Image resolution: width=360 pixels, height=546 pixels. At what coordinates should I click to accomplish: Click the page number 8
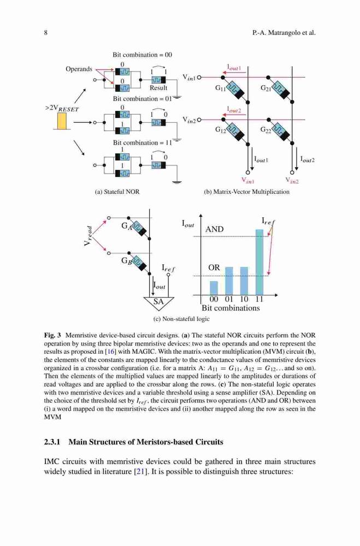tap(46, 33)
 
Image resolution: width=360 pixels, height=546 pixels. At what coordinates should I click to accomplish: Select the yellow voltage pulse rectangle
tap(62, 121)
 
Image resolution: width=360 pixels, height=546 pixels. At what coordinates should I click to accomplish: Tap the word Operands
tap(79, 69)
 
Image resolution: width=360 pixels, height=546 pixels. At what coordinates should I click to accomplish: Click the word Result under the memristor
tap(158, 88)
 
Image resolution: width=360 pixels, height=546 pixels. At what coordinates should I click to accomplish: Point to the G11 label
tap(220, 88)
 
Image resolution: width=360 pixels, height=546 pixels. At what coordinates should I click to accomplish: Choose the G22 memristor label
tap(265, 130)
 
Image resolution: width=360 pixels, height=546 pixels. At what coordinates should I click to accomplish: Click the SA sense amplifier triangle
tap(158, 301)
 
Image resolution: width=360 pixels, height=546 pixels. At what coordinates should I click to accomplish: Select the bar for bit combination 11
tap(259, 262)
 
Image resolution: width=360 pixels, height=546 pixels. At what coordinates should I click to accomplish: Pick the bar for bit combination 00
tap(214, 288)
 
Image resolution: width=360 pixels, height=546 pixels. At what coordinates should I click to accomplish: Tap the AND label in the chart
tap(214, 229)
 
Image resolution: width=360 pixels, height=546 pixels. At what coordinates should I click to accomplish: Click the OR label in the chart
tap(214, 268)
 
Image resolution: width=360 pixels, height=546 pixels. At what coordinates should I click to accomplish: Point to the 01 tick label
tap(229, 299)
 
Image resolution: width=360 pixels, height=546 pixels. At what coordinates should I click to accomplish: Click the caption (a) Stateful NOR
tap(117, 192)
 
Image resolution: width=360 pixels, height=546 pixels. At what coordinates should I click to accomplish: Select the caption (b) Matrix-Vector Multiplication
tap(246, 192)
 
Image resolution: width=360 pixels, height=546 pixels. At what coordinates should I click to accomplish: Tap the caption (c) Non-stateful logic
tap(181, 319)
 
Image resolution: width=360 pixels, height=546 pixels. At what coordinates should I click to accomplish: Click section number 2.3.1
tap(52, 442)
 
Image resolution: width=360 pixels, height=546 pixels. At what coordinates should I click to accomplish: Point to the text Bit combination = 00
tap(142, 55)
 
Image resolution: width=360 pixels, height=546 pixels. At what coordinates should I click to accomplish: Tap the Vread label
tap(89, 236)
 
